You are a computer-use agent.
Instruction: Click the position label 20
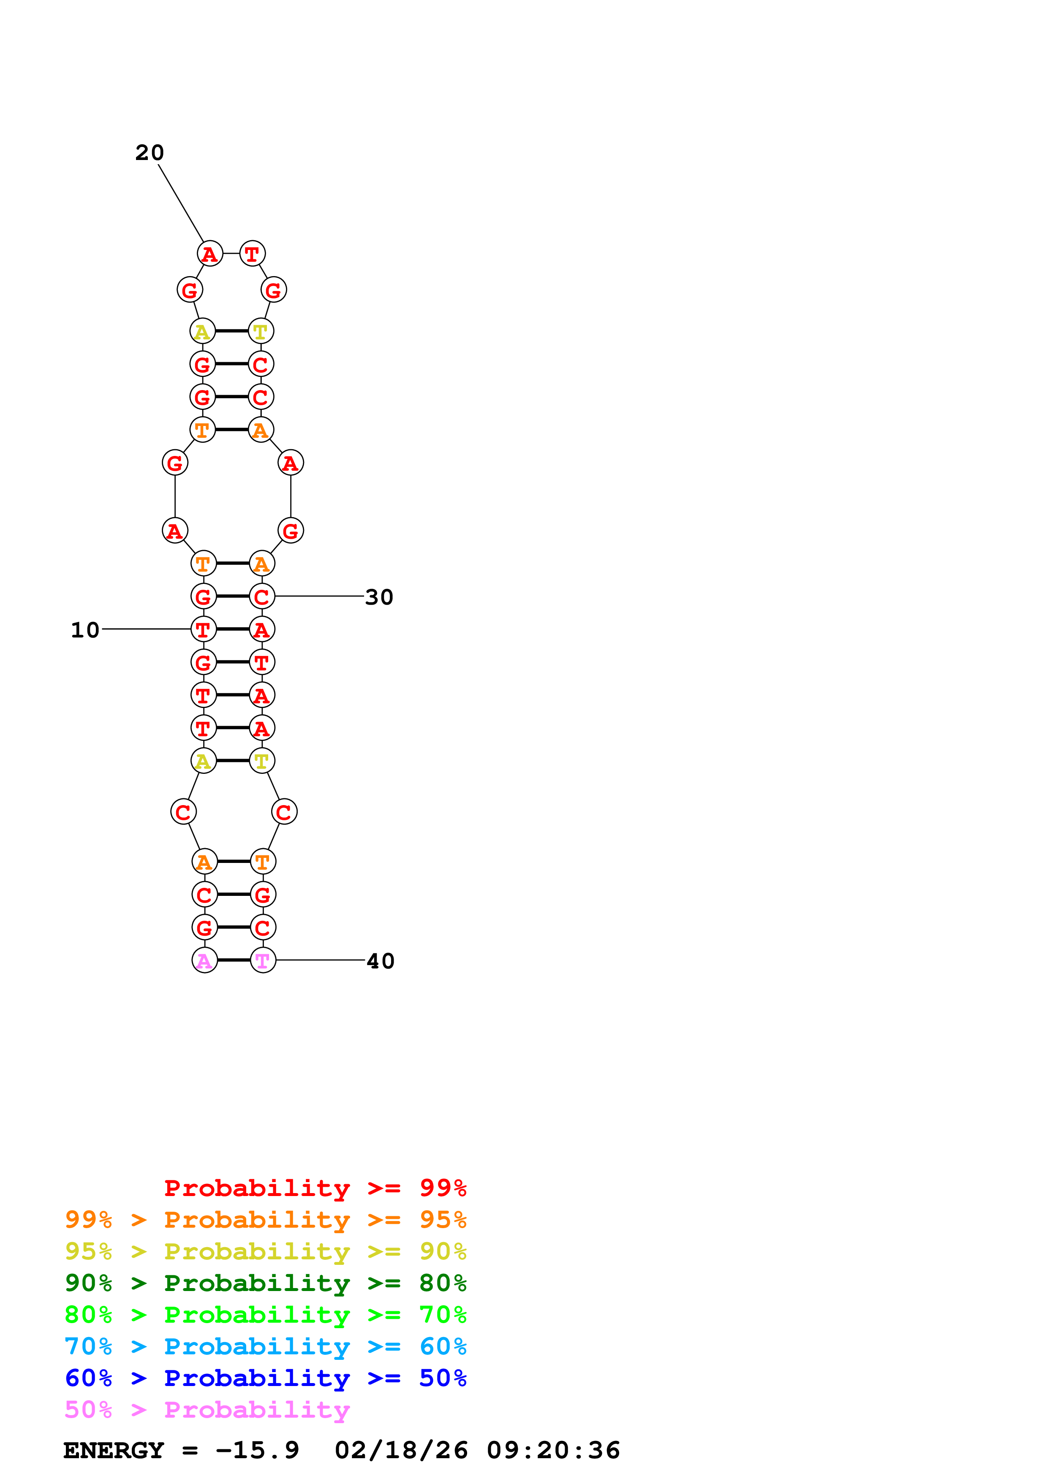149,153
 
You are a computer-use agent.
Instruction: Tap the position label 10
85,630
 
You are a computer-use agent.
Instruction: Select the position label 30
379,597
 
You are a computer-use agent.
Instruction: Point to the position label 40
380,961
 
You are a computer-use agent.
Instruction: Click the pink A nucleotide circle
204,960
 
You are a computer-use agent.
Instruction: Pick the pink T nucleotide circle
263,960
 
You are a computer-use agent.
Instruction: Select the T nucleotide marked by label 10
203,629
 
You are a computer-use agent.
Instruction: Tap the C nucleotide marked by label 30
262,597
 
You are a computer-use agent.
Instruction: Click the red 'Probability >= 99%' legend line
315,1188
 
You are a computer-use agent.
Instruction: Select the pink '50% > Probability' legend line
207,1410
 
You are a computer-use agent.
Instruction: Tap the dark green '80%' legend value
443,1283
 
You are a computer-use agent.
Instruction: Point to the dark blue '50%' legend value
443,1378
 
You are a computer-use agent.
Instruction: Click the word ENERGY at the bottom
114,1451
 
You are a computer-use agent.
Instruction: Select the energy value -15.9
257,1451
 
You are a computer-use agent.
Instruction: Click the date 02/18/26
401,1451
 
